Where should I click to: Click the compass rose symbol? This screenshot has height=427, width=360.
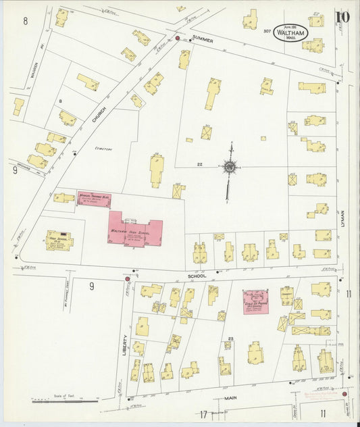[230, 166]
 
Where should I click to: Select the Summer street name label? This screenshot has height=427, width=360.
[202, 41]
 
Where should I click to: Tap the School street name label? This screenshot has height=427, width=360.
[198, 276]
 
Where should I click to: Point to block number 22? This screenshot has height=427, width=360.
[200, 164]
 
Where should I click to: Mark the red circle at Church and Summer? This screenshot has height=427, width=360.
[178, 39]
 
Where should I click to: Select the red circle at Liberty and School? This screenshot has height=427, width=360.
[126, 278]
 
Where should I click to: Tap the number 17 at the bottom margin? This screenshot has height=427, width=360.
[202, 414]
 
